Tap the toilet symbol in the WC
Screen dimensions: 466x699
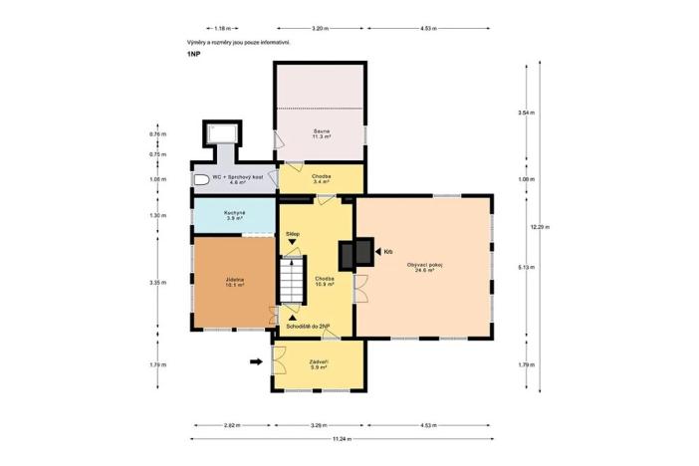201,180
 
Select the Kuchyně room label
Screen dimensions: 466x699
235,215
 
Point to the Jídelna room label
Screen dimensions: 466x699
235,283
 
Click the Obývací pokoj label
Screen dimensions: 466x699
424,267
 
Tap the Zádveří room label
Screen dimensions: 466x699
320,364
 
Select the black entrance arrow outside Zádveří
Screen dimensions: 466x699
256,362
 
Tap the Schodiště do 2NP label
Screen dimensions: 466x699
308,326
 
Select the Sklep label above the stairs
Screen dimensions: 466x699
292,234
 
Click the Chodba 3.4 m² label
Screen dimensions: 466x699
321,180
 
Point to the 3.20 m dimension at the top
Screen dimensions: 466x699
320,29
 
